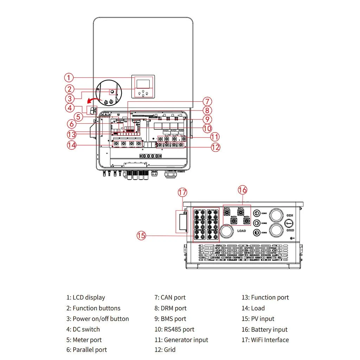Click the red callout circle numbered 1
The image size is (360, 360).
tap(69, 77)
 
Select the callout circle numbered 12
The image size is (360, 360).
tap(216, 147)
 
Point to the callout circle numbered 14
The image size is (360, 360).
tap(72, 145)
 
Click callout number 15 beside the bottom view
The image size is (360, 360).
tap(141, 236)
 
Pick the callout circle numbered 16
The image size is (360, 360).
tap(243, 190)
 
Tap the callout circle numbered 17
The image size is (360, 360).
tap(182, 192)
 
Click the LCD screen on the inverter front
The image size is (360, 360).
tap(143, 84)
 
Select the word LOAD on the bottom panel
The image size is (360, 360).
tap(242, 231)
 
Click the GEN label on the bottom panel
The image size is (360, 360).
tap(290, 215)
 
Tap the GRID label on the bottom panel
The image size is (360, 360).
tap(290, 230)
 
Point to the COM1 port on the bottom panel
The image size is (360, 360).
tap(257, 213)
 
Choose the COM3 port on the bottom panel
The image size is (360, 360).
tap(257, 232)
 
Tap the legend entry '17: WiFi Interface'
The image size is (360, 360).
tap(265, 340)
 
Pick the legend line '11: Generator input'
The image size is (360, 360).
tap(181, 340)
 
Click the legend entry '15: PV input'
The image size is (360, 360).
tap(257, 319)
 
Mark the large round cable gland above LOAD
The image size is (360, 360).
tap(227, 231)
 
